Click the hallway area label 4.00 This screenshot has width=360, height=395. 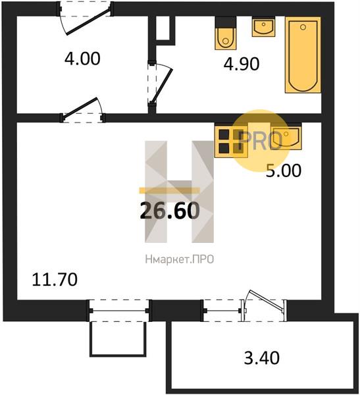tap(82, 59)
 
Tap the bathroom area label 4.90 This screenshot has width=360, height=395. tap(242, 64)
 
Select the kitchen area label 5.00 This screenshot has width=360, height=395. tap(284, 171)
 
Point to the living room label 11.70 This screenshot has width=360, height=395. tap(55, 280)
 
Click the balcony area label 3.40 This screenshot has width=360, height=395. tap(261, 358)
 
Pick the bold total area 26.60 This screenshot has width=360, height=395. tap(170, 211)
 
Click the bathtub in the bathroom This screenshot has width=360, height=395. tap(303, 55)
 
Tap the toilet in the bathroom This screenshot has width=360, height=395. tap(226, 33)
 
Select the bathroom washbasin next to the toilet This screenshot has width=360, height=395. tap(263, 27)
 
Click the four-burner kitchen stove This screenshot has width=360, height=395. tap(231, 142)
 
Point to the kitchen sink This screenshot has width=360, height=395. tap(286, 136)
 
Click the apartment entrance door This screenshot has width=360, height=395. tap(86, 18)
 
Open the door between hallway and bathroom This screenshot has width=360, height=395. tap(159, 84)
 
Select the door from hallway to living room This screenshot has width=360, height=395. tap(83, 110)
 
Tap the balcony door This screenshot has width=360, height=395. tap(263, 306)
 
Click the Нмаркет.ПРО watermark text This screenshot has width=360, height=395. tap(180, 259)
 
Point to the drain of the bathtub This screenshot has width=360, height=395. tap(303, 27)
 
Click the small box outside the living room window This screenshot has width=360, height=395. tap(118, 339)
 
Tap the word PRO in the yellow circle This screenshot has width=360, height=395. tap(261, 141)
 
